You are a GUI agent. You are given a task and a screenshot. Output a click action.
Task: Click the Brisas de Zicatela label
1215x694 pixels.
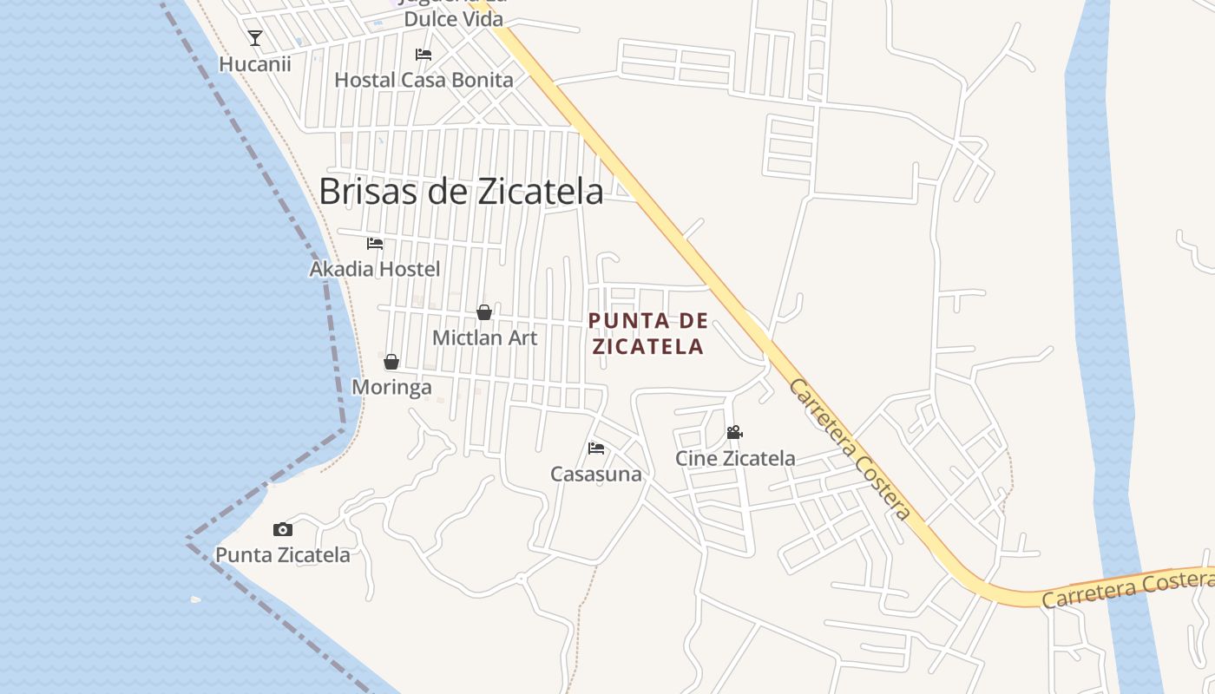pyautogui.click(x=461, y=192)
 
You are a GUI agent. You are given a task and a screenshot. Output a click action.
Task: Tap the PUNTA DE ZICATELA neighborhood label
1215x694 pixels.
pyautogui.click(x=647, y=334)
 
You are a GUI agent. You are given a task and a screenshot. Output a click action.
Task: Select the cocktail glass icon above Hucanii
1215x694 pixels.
pyautogui.click(x=255, y=37)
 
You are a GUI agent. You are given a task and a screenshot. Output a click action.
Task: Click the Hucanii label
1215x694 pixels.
pyautogui.click(x=255, y=64)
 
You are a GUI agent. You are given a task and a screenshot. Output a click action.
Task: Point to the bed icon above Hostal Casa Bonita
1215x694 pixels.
pyautogui.click(x=424, y=54)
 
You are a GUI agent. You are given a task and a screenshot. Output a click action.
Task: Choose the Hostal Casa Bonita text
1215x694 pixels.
pyautogui.click(x=424, y=80)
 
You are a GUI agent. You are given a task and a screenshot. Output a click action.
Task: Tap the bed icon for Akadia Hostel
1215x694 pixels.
pyautogui.click(x=375, y=243)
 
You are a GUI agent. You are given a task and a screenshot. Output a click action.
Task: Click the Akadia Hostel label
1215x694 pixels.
pyautogui.click(x=375, y=269)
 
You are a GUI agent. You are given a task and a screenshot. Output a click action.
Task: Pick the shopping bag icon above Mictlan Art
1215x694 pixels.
pyautogui.click(x=484, y=312)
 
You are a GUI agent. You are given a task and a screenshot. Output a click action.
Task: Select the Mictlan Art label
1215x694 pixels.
pyautogui.click(x=484, y=338)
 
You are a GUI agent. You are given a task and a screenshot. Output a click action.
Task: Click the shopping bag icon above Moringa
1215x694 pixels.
pyautogui.click(x=391, y=362)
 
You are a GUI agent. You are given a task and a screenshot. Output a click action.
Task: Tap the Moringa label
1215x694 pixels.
pyautogui.click(x=391, y=387)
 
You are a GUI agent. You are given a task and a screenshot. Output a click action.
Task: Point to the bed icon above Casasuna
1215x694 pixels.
pyautogui.click(x=596, y=448)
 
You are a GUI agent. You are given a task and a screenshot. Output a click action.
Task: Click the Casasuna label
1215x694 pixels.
pyautogui.click(x=596, y=475)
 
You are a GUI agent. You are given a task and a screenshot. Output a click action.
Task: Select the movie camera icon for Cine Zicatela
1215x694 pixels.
pyautogui.click(x=734, y=432)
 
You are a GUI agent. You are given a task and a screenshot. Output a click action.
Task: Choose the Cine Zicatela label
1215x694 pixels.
pyautogui.click(x=735, y=458)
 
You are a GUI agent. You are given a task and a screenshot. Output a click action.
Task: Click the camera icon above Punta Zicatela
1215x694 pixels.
pyautogui.click(x=283, y=529)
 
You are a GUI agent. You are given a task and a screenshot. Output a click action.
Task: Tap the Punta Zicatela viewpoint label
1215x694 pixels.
pyautogui.click(x=283, y=555)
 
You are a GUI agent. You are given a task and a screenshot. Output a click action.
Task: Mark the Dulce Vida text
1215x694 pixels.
pyautogui.click(x=454, y=18)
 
